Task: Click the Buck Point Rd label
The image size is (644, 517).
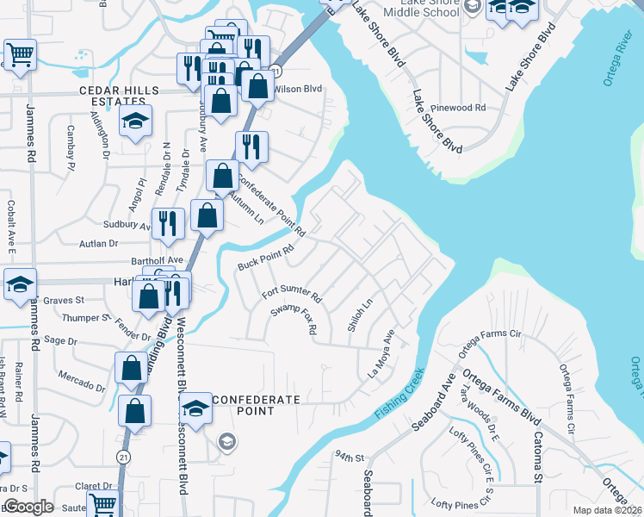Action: [x=266, y=256]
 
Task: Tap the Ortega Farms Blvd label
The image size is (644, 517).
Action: [x=501, y=399]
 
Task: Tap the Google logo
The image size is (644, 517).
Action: [x=28, y=507]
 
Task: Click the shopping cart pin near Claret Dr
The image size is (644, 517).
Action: [x=102, y=505]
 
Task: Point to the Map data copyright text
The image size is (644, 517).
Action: [x=607, y=510]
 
